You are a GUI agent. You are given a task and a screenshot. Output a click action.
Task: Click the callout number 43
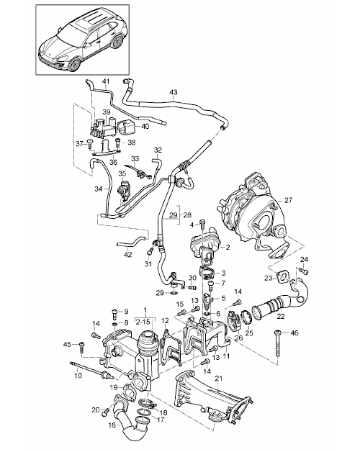click(174, 93)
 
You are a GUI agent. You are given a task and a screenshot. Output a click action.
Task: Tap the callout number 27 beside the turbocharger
click(289, 200)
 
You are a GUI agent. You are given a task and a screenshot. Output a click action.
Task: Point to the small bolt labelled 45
click(81, 347)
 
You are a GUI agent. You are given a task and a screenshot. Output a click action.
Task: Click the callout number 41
click(106, 81)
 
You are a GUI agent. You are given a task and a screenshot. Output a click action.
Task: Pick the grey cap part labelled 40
click(126, 127)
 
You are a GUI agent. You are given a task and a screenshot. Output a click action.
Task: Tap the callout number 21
click(219, 379)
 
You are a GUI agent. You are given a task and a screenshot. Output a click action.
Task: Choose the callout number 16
click(113, 425)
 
